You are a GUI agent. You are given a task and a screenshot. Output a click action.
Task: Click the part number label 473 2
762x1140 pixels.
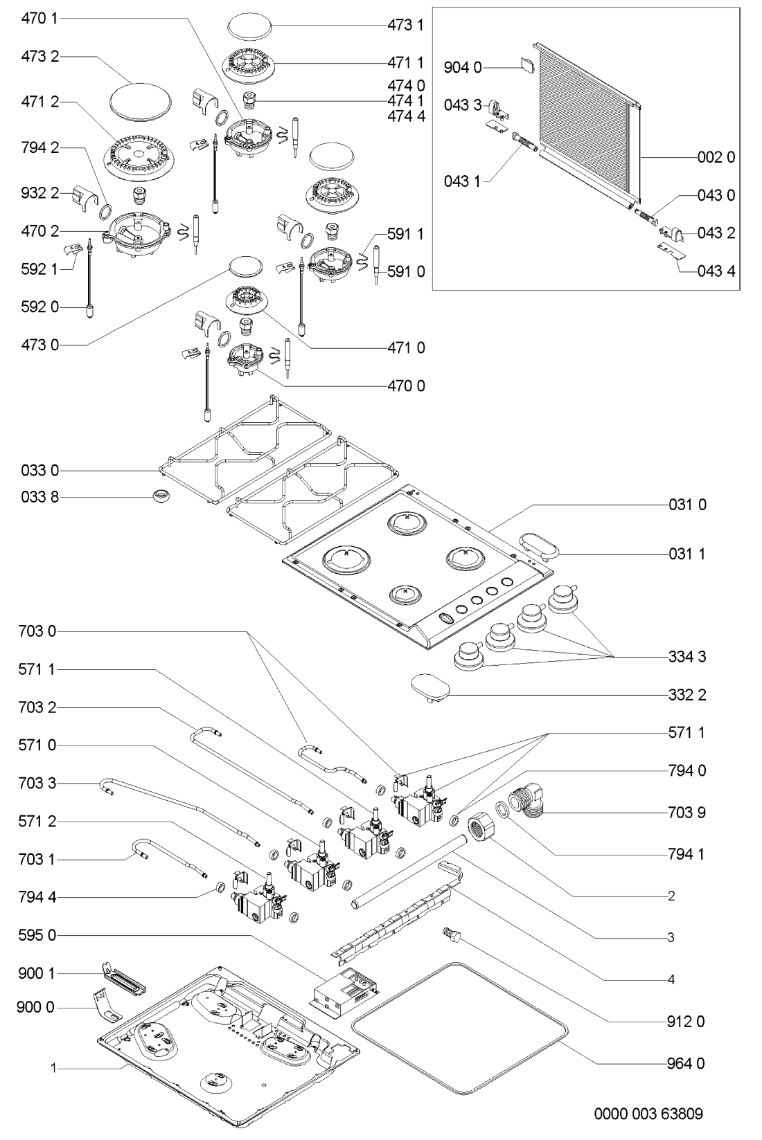39,56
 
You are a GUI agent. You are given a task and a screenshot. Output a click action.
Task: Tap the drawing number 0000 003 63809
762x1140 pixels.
648,1114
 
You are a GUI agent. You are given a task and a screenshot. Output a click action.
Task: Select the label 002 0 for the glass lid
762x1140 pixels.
716,157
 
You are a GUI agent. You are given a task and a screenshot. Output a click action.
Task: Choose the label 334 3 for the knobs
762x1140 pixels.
686,656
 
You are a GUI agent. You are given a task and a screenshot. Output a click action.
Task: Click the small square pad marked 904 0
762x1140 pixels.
526,66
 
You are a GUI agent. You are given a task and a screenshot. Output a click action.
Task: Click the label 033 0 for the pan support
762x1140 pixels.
39,471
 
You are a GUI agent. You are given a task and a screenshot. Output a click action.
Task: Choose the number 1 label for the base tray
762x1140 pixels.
53,1068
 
